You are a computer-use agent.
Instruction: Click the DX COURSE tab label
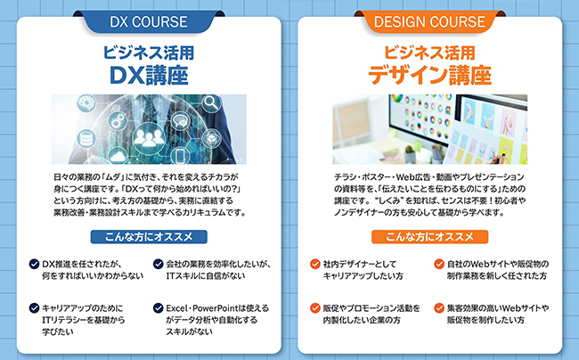click(149, 21)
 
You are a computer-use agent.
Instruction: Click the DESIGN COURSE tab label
click(430, 21)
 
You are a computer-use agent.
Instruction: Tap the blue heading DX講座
click(149, 73)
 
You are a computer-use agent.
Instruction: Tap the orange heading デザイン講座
click(430, 73)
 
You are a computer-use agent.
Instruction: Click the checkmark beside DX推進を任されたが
click(33, 265)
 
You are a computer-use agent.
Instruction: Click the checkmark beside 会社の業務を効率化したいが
click(158, 265)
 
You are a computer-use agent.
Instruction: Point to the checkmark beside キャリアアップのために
click(33, 307)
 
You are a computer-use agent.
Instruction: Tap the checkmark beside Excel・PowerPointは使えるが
click(158, 307)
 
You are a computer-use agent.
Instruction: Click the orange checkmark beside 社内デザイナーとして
click(315, 265)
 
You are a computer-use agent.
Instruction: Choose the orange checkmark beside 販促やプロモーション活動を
click(315, 307)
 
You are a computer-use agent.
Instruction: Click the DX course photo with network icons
click(149, 125)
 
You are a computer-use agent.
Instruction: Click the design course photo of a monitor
click(430, 125)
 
